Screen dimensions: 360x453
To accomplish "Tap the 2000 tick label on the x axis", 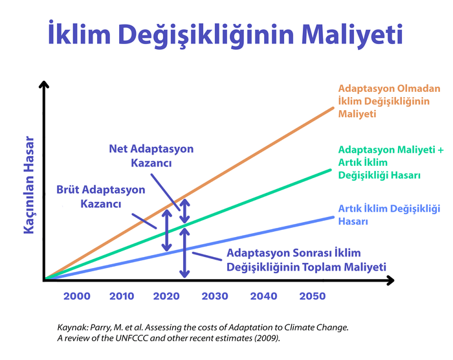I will pyautogui.click(x=77, y=296).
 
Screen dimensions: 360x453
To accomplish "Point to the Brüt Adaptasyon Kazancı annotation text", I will pyautogui.click(x=100, y=197).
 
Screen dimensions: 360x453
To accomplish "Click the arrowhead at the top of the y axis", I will pyautogui.click(x=44, y=85).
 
